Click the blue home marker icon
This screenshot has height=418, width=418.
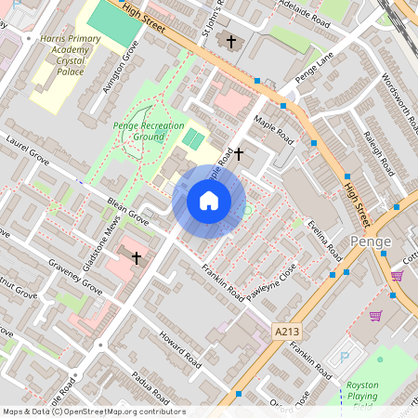pos(209,201)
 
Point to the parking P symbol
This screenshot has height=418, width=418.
pos(346,357)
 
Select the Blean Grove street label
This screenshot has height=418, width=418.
pos(127,217)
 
